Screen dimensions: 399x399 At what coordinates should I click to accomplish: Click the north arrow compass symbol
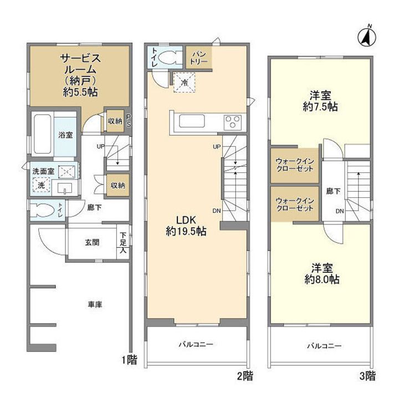[x=367, y=37]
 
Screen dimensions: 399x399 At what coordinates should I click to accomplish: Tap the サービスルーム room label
[x=80, y=64]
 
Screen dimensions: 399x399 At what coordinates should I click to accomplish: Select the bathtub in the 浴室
[x=42, y=134]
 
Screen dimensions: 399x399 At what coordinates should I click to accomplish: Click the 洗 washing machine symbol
[x=41, y=185]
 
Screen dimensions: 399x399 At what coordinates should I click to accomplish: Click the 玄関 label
[x=92, y=242]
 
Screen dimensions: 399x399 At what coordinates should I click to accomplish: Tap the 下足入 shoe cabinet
[x=123, y=242]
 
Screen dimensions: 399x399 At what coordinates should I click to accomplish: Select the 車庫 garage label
[x=95, y=304]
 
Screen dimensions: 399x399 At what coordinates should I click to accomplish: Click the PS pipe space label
[x=129, y=121]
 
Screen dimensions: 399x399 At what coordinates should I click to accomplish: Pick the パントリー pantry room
[x=199, y=58]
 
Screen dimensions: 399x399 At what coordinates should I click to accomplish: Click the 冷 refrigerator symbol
[x=184, y=83]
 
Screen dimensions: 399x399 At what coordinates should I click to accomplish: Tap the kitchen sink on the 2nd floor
[x=192, y=121]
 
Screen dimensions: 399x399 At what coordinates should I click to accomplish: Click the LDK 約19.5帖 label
[x=186, y=226]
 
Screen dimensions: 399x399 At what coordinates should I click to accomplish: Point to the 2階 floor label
[x=245, y=376]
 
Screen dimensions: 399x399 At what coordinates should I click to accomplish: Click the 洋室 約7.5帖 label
[x=320, y=101]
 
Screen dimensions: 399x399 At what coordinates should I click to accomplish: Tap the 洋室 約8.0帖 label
[x=322, y=274]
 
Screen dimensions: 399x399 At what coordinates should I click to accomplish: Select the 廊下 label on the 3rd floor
[x=333, y=191]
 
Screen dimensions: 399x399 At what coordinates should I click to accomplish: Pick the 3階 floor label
[x=367, y=376]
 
